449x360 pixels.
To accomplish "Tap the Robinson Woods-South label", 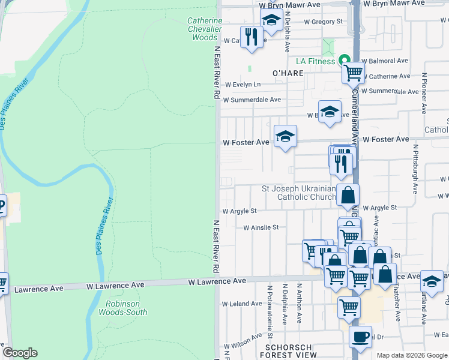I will point(122,308).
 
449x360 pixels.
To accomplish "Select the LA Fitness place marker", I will point(345,61).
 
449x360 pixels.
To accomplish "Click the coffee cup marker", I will point(360,337).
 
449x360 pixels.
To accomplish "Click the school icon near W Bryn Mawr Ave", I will point(271,21).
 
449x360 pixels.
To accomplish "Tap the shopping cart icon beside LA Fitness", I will point(354,73).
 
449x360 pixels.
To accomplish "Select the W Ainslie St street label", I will point(261,227).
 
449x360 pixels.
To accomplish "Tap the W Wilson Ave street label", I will point(244,346).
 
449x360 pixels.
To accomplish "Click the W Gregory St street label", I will point(323,22).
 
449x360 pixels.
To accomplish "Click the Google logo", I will point(20,353).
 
